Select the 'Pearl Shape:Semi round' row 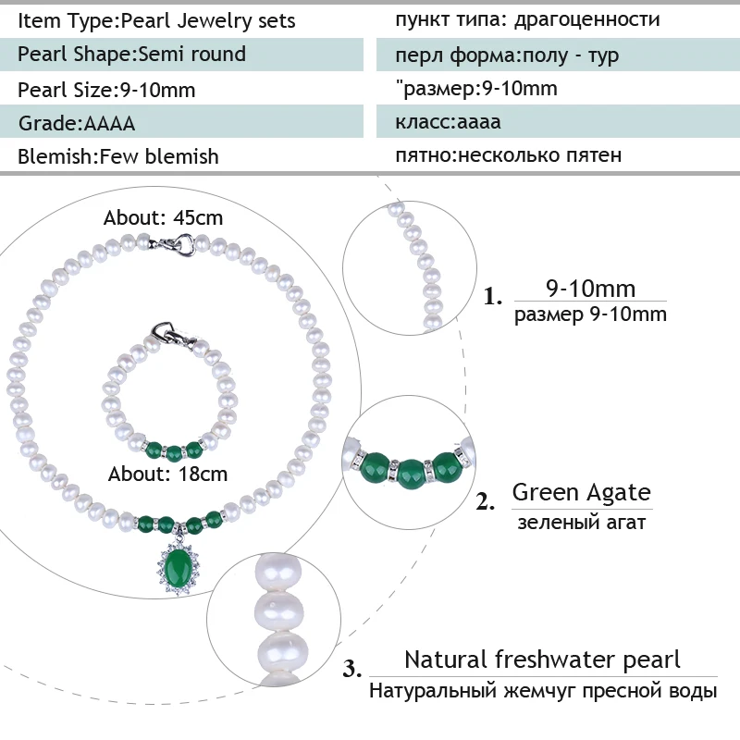coord(131,54)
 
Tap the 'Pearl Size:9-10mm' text coord(106,90)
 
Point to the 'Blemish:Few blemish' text coord(118,156)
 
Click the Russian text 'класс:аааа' coord(449,122)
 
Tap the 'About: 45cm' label coord(164,218)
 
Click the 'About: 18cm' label coord(168,475)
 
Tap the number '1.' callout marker coord(494,298)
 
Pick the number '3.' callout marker coord(352,669)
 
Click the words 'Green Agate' coord(581,492)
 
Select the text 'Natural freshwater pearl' coord(542,660)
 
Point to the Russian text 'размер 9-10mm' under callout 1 coord(590,314)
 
